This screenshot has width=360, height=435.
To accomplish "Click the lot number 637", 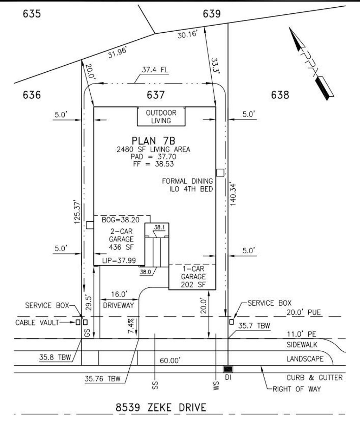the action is click(x=155, y=95).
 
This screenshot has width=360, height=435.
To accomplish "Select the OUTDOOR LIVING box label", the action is click(x=161, y=117).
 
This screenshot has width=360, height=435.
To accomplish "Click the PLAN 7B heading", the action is click(x=153, y=141).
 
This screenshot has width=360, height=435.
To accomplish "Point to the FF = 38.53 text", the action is click(x=153, y=164).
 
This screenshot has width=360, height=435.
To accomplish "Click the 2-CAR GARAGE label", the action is click(x=121, y=235).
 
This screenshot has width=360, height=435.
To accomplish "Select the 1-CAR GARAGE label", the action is click(x=193, y=273).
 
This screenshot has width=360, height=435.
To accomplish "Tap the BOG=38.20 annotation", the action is click(x=121, y=220).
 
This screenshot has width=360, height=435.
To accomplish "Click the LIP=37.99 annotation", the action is click(x=119, y=260).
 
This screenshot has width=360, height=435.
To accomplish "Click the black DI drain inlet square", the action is click(x=228, y=369).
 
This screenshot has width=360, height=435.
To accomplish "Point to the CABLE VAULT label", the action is click(x=37, y=323).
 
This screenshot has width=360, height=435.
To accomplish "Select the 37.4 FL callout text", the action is click(x=155, y=70).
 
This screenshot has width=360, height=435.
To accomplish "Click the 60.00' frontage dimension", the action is click(x=170, y=360).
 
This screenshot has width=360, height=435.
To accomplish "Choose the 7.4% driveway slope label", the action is click(x=131, y=326).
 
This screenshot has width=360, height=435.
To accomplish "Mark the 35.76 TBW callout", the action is click(x=103, y=378).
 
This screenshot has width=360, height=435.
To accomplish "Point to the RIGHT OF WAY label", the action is click(x=297, y=389).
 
